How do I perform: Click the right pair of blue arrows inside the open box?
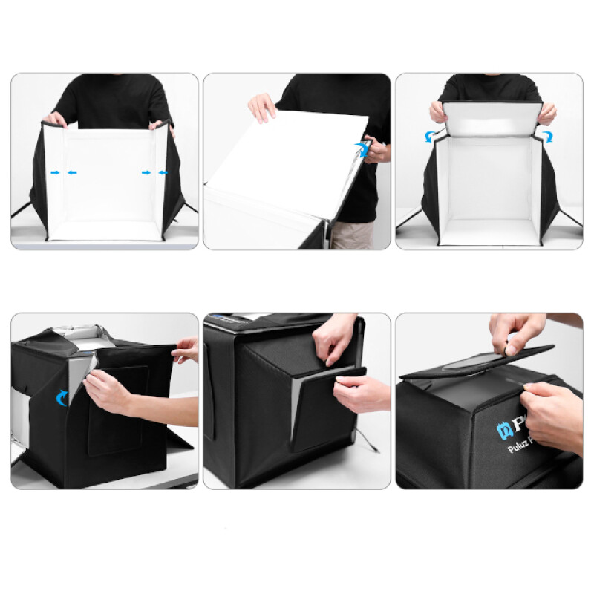156,172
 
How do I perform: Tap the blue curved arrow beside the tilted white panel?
363,148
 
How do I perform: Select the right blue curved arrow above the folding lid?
547,136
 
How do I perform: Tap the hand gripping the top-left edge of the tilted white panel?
262,107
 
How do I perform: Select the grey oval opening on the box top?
474,362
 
